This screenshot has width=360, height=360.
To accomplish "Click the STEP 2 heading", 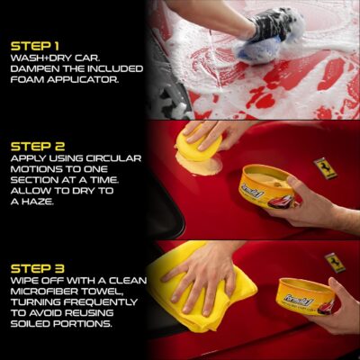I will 34,143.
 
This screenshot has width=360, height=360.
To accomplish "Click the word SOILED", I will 32,324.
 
